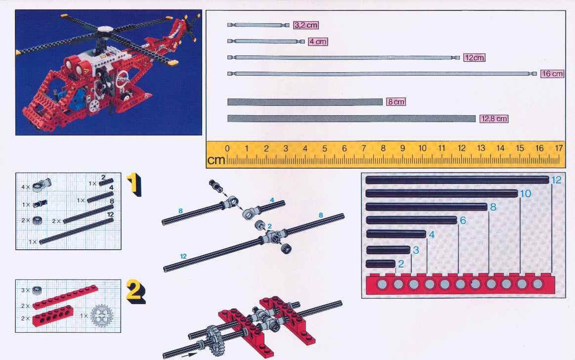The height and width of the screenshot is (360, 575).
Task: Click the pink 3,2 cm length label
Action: coord(306,25)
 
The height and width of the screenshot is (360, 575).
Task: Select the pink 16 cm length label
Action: coord(552,74)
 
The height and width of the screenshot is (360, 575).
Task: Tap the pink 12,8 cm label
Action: coord(494,119)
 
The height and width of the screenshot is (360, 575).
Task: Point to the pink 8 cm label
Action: coord(396,102)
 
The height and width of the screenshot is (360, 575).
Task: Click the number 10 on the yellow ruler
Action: coord(422,148)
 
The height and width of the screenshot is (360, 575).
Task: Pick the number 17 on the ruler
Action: coord(559,148)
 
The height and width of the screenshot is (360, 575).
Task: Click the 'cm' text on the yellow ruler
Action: coord(216,160)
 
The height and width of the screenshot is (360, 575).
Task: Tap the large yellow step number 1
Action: coord(134,184)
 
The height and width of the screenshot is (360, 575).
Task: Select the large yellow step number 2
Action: coord(135,291)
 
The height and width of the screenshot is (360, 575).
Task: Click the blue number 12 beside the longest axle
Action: coord(556,180)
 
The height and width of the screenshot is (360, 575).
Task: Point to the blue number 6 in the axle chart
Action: coord(463,221)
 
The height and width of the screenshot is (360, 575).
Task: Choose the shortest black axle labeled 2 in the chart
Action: coord(381,264)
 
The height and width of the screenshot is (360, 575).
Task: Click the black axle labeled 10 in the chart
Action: coord(442,193)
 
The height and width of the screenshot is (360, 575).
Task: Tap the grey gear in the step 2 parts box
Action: coord(101,315)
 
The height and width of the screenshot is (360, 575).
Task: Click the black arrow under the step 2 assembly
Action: coord(189,355)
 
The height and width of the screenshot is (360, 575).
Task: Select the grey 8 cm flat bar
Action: coord(305,102)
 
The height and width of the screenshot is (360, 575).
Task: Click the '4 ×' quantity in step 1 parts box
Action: coord(25,187)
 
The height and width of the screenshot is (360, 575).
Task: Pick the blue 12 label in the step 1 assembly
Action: coord(183,256)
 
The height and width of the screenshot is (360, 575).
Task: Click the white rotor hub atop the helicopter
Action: coord(105,29)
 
